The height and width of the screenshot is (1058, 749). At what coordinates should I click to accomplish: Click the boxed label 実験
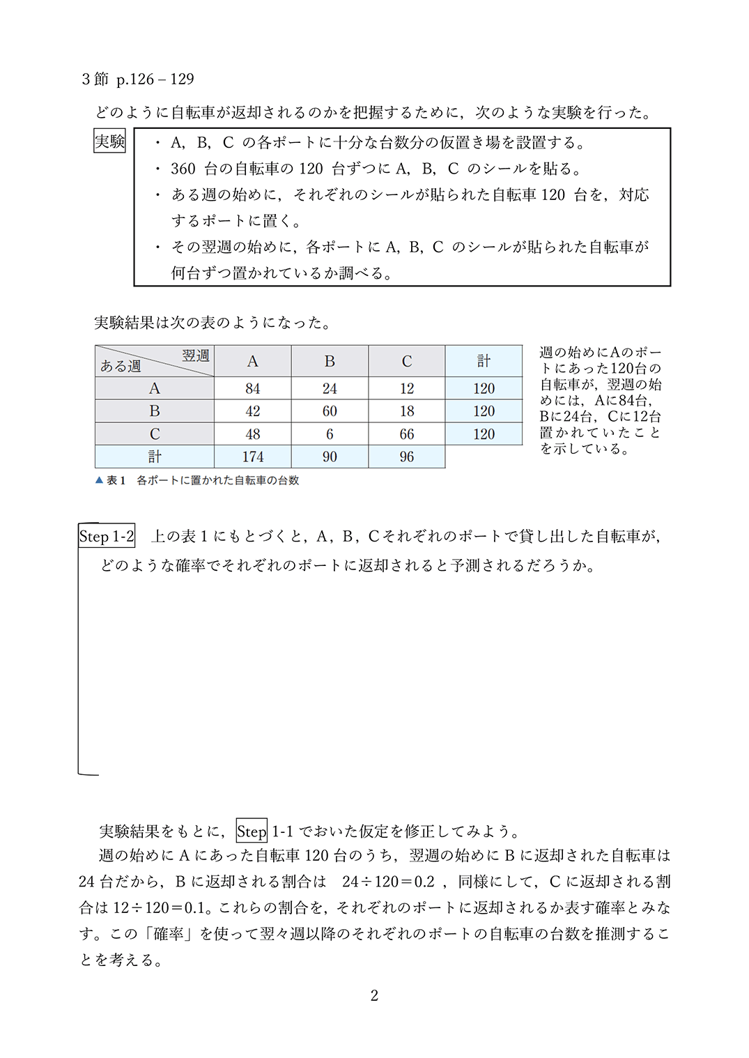click(x=109, y=141)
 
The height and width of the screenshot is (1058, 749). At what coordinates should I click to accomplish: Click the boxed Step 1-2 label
click(x=107, y=536)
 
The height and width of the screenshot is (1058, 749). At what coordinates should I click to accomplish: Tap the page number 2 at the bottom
click(x=374, y=995)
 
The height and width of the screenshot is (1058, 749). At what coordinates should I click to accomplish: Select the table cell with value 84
click(x=252, y=388)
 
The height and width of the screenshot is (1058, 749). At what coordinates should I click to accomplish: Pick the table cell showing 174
click(x=252, y=457)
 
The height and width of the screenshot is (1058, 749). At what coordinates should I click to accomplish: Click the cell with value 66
click(x=407, y=434)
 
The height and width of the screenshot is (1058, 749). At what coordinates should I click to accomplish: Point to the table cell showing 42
click(x=252, y=411)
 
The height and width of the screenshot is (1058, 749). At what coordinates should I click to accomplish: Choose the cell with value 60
click(x=330, y=411)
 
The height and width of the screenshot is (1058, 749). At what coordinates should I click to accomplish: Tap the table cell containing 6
click(x=330, y=434)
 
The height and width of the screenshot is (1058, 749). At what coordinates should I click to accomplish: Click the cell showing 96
click(x=407, y=457)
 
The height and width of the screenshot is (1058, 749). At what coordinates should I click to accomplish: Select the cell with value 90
click(x=330, y=457)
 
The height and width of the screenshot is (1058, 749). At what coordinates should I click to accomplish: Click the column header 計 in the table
click(x=484, y=361)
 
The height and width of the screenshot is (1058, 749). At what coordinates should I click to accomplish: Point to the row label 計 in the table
click(x=155, y=457)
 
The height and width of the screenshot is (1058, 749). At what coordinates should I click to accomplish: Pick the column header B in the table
click(x=330, y=361)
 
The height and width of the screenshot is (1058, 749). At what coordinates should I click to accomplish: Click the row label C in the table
click(x=155, y=434)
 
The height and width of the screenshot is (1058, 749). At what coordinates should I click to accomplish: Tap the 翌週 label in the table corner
click(x=196, y=355)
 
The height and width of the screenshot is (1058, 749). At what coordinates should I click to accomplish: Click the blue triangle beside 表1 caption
click(x=99, y=480)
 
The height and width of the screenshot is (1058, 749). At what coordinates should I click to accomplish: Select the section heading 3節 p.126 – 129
click(x=138, y=79)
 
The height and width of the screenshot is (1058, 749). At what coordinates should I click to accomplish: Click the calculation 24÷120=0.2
click(x=388, y=882)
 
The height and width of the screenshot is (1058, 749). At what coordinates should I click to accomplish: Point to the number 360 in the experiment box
click(x=183, y=169)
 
